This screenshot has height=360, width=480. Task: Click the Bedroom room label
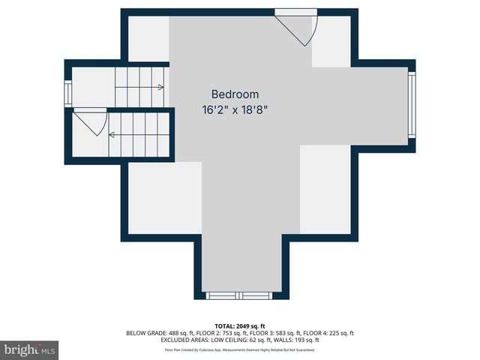click(x=235, y=94)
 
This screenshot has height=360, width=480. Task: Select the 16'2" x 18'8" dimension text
click(x=235, y=109)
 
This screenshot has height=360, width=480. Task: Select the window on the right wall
click(x=410, y=103)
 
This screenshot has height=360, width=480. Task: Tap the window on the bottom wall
click(x=235, y=295)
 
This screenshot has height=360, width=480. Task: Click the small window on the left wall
click(x=68, y=93)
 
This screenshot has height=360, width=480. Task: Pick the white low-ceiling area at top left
click(x=148, y=37)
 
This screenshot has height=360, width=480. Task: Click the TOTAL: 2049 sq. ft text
click(x=240, y=326)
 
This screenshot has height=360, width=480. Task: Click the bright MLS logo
click(x=30, y=349)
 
